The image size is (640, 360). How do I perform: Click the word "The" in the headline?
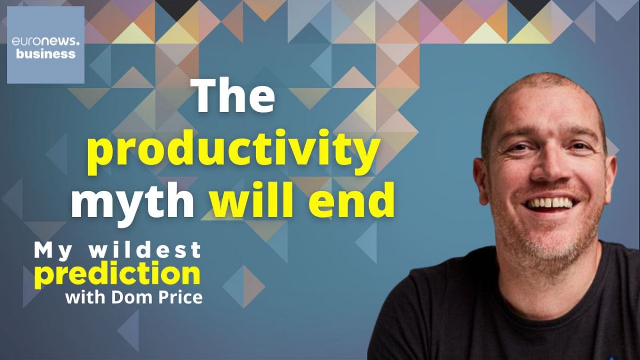point(233,95)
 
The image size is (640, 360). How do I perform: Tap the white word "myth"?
point(133,203)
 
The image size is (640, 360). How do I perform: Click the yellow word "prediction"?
point(117,274)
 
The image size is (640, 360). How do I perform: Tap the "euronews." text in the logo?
point(46,42)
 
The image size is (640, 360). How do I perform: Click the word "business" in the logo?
point(46,54)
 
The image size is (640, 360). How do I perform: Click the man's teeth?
point(550,203)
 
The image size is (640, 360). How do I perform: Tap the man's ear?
point(481,181)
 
